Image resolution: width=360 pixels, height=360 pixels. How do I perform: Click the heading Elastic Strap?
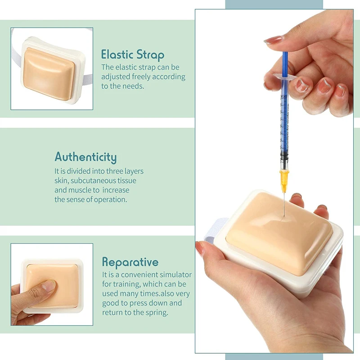point(133,55)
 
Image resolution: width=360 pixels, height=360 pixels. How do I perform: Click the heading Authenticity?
point(85,157)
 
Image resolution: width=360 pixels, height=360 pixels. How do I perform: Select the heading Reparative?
point(130,262)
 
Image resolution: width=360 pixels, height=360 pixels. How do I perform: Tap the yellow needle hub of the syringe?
point(284,181)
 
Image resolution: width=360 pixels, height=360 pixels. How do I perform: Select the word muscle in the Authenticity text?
point(81,190)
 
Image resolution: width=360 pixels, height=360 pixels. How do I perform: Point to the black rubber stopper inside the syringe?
point(284,157)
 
